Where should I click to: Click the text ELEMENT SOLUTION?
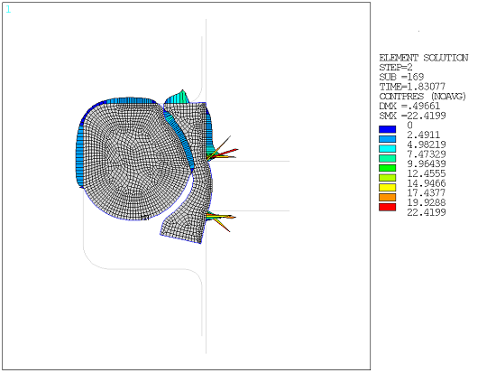click(423, 58)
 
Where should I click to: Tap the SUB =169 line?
click(398, 77)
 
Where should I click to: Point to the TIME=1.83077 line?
click(409, 87)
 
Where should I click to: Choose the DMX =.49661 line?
click(408, 106)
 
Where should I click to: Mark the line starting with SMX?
click(410, 116)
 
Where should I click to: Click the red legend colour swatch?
click(386, 208)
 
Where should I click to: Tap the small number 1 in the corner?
click(9, 9)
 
